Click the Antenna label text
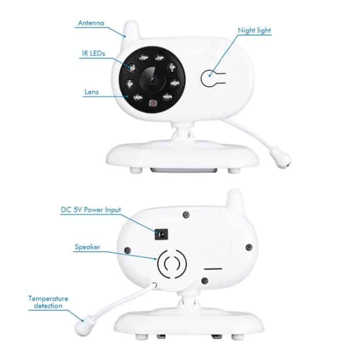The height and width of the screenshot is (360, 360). coord(91,23)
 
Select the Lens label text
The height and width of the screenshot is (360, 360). coord(92,93)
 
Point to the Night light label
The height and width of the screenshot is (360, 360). coord(254,30)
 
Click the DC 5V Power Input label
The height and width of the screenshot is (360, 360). coord(91,210)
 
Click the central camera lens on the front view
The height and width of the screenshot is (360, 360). coord(152,77)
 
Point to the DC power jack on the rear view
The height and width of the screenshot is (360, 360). coord(162,235)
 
